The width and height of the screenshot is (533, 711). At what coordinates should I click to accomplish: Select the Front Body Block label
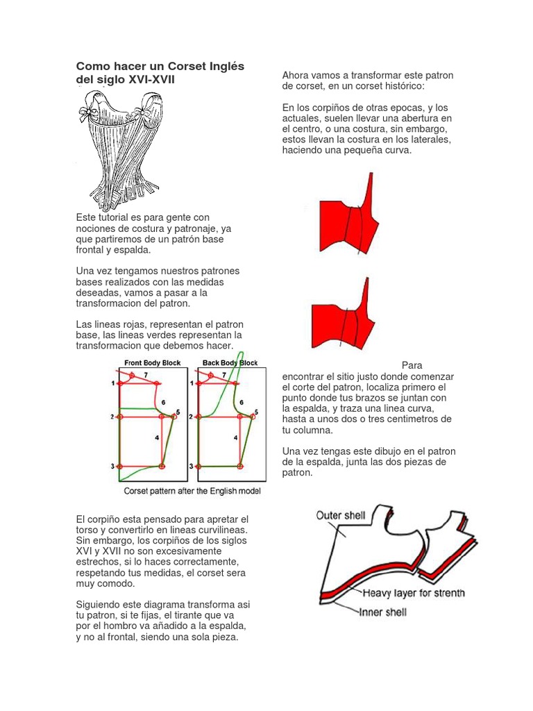152,362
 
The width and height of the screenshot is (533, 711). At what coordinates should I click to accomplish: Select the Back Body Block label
230,362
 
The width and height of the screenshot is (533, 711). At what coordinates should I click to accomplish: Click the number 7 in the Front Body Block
146,375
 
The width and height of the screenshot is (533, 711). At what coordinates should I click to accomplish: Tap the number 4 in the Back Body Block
236,437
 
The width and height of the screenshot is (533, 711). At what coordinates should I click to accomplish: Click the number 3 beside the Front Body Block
112,467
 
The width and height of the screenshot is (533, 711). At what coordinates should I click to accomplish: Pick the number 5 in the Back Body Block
256,412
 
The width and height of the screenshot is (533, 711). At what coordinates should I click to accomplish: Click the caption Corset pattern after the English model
192,491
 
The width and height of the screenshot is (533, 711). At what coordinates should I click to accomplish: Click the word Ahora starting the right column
296,75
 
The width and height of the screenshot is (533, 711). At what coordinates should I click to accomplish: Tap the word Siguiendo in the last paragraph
98,605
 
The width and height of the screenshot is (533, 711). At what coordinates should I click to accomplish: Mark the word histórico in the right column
402,85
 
